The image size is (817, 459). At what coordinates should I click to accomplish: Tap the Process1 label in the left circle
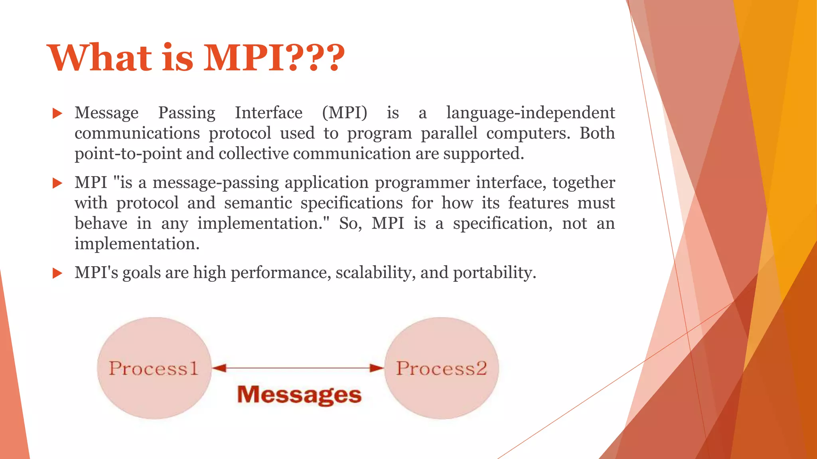154,368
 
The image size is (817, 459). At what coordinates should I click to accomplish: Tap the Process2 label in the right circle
441,368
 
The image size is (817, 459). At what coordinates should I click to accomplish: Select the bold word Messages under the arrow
299,394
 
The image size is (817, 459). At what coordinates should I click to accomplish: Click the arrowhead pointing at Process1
219,368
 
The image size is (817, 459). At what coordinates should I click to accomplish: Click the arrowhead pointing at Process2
377,368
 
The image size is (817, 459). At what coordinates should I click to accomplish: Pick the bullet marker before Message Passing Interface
57,114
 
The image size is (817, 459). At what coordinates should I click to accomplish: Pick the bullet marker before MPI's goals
57,273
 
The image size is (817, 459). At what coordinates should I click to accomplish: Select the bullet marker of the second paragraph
57,183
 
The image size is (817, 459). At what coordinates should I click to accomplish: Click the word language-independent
530,113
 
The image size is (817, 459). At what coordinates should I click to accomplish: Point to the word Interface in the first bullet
268,113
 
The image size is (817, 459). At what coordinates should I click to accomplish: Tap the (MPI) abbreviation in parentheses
345,113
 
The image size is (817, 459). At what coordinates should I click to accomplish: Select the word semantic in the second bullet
258,203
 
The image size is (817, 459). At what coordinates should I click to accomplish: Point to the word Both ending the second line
597,133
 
